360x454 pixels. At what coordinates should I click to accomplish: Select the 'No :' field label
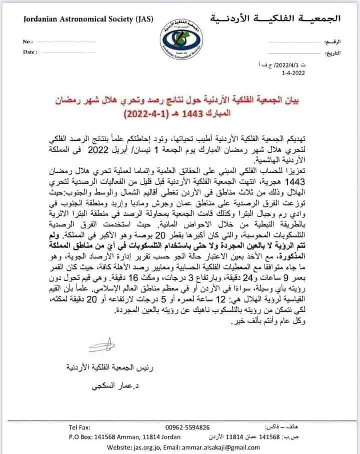28,41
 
